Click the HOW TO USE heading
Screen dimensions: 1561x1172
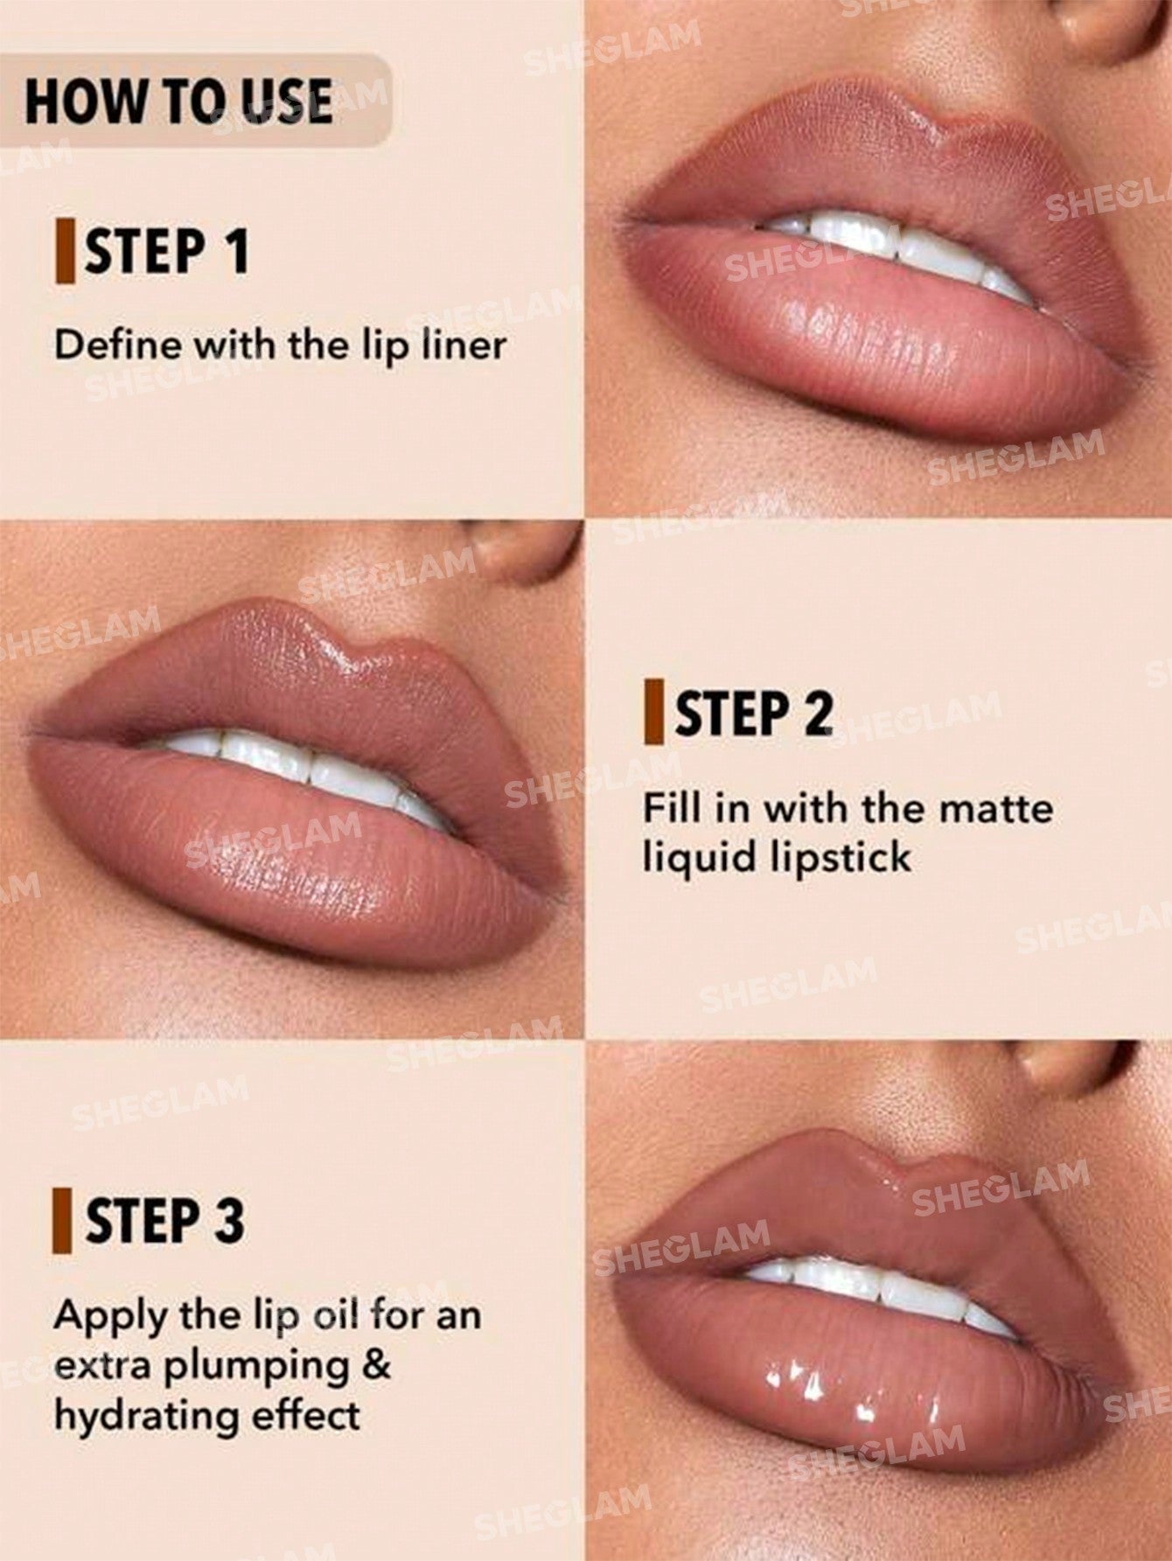pos(178,100)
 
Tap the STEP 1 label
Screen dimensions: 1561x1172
pos(165,252)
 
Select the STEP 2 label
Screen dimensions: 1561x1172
pos(752,714)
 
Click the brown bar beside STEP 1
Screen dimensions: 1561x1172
pos(63,252)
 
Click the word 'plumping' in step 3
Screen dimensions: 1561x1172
pos(259,1368)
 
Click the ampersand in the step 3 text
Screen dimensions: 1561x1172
pos(377,1364)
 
